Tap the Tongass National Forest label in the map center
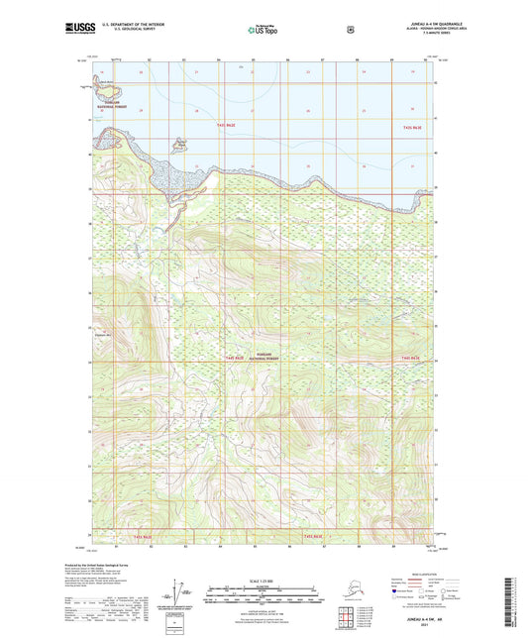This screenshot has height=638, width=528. click(x=263, y=360)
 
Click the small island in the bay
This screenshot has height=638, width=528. click(x=179, y=147)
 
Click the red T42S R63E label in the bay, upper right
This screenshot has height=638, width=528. click(x=414, y=128)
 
